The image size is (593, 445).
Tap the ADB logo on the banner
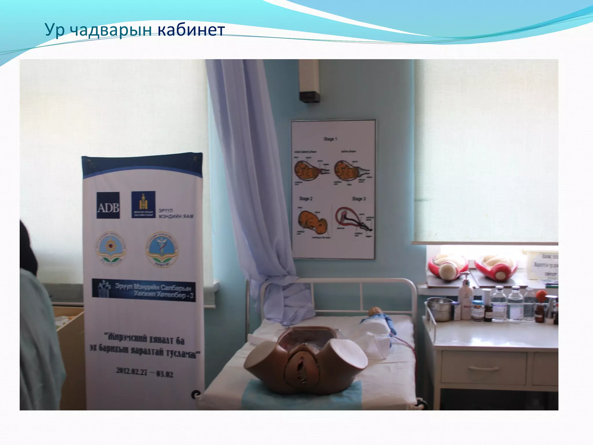tap(108, 205)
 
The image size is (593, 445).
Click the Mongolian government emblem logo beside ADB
tap(143, 205)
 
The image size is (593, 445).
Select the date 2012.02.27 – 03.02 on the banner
tap(144, 372)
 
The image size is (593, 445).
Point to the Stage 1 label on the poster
tap(330, 139)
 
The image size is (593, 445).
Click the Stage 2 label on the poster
tap(306, 199)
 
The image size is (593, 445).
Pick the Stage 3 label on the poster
tap(359, 199)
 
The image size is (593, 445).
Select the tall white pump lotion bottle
tap(465, 298)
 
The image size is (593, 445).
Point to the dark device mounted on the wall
tap(310, 97)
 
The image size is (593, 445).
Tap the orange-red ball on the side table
tap(541, 296)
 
